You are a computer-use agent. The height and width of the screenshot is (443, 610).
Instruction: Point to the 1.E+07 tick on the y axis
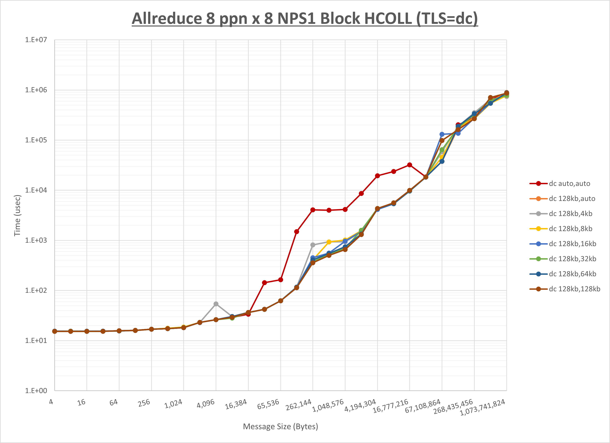(x=36, y=40)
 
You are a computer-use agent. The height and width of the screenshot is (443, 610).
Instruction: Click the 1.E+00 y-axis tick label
(x=36, y=391)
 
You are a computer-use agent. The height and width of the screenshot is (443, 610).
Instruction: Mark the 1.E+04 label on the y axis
(x=36, y=190)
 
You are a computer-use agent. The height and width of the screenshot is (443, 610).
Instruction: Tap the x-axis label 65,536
(x=268, y=404)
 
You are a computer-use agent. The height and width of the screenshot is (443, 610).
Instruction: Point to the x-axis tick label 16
(x=81, y=402)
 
